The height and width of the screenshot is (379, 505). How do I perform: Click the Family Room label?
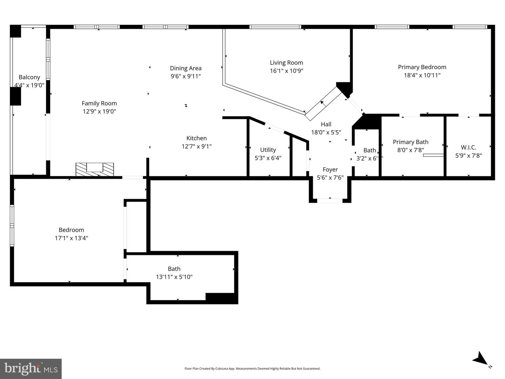(99, 103)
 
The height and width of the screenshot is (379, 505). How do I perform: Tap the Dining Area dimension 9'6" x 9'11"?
(186, 76)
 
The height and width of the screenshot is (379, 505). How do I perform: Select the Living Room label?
(286, 63)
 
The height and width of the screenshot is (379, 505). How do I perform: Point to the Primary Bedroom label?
(422, 67)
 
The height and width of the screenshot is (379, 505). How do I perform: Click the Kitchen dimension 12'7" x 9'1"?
(196, 147)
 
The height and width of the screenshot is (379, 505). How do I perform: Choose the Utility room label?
(268, 150)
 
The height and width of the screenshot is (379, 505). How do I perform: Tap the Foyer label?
(330, 169)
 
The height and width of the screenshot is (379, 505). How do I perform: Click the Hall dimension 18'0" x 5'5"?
(326, 133)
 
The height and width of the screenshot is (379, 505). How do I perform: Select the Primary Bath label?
(410, 142)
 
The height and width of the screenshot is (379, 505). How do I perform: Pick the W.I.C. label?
(468, 147)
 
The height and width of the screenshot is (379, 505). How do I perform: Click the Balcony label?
(29, 77)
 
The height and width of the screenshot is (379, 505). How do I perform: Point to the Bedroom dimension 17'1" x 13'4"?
(71, 238)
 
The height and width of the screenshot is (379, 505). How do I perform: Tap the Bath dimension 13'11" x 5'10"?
(174, 277)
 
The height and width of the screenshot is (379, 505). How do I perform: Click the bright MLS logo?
(31, 368)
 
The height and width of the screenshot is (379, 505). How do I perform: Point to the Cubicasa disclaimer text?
(252, 368)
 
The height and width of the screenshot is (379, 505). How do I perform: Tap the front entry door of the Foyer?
(330, 201)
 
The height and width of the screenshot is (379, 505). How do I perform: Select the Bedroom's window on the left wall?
(12, 225)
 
